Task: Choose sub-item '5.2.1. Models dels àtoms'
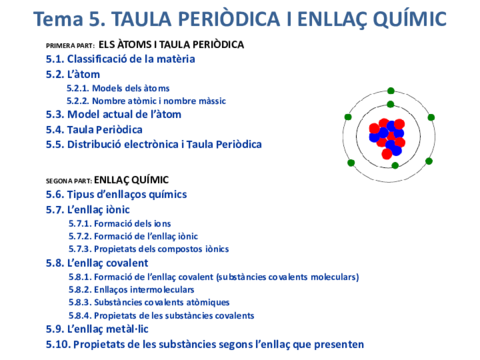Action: point(117,88)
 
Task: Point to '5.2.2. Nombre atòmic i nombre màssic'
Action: point(146,101)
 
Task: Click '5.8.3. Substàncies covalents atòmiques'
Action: point(148,302)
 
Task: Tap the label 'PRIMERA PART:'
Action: point(70,47)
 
